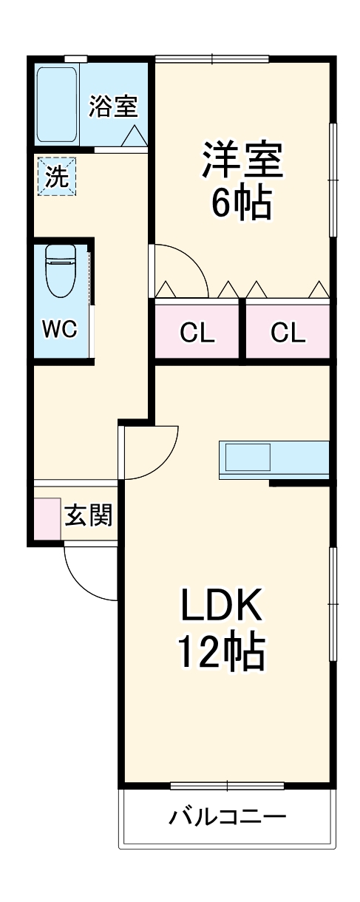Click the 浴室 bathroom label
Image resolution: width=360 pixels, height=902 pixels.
pyautogui.click(x=113, y=106)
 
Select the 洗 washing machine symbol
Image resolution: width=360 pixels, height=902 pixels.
pyautogui.click(x=57, y=177)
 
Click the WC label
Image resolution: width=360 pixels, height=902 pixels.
pyautogui.click(x=59, y=329)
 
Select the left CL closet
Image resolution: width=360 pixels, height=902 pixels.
pyautogui.click(x=197, y=333)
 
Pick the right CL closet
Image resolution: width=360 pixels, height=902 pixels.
pyautogui.click(x=288, y=333)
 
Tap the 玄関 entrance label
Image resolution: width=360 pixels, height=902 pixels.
pyautogui.click(x=89, y=515)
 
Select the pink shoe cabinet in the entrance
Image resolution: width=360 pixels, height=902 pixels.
pyautogui.click(x=47, y=518)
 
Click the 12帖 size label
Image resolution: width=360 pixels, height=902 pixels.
pyautogui.click(x=220, y=651)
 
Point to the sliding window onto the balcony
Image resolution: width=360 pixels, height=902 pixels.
pyautogui.click(x=227, y=785)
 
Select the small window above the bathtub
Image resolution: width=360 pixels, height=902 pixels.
pyautogui.click(x=75, y=58)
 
